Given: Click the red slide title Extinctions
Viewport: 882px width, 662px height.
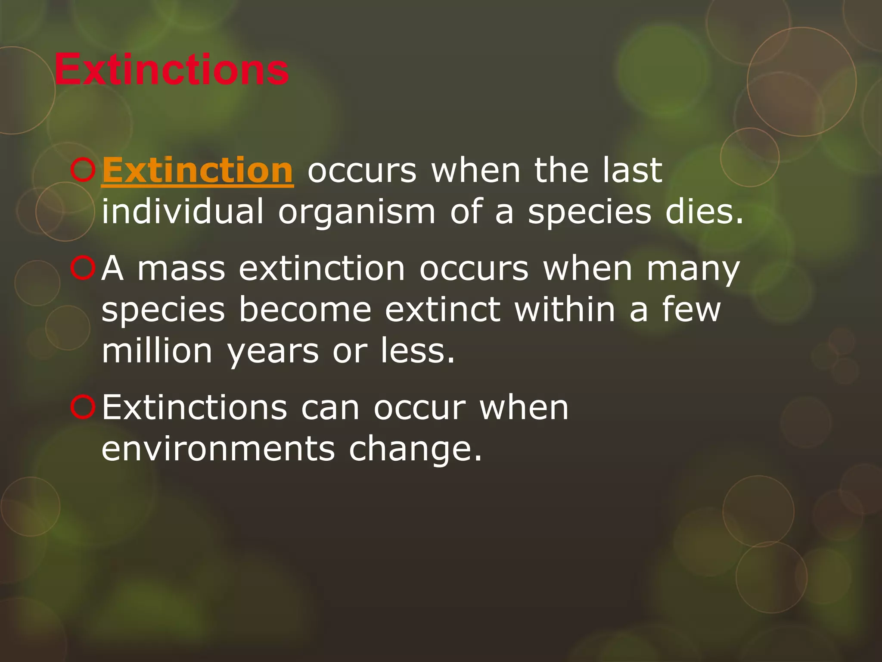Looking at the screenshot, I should pyautogui.click(x=171, y=70).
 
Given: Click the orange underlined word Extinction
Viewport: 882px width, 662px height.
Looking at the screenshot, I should pyautogui.click(x=198, y=171).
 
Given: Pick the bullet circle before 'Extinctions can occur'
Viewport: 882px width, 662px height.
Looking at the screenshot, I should pyautogui.click(x=83, y=408).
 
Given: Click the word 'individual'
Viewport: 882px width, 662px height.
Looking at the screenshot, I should pyautogui.click(x=182, y=212).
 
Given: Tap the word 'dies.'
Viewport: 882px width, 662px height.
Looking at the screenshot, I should pyautogui.click(x=705, y=212).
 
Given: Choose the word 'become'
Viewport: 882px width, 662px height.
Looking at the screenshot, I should pyautogui.click(x=305, y=309).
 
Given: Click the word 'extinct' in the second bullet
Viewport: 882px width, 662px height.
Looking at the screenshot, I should pyautogui.click(x=443, y=309).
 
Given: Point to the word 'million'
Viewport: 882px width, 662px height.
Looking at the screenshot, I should pyautogui.click(x=157, y=351).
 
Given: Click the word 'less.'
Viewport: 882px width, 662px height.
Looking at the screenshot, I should pyautogui.click(x=417, y=351).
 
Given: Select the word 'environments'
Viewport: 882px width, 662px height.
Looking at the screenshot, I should pyautogui.click(x=218, y=449).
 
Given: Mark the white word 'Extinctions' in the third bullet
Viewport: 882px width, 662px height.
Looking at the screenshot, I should pyautogui.click(x=194, y=408).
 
